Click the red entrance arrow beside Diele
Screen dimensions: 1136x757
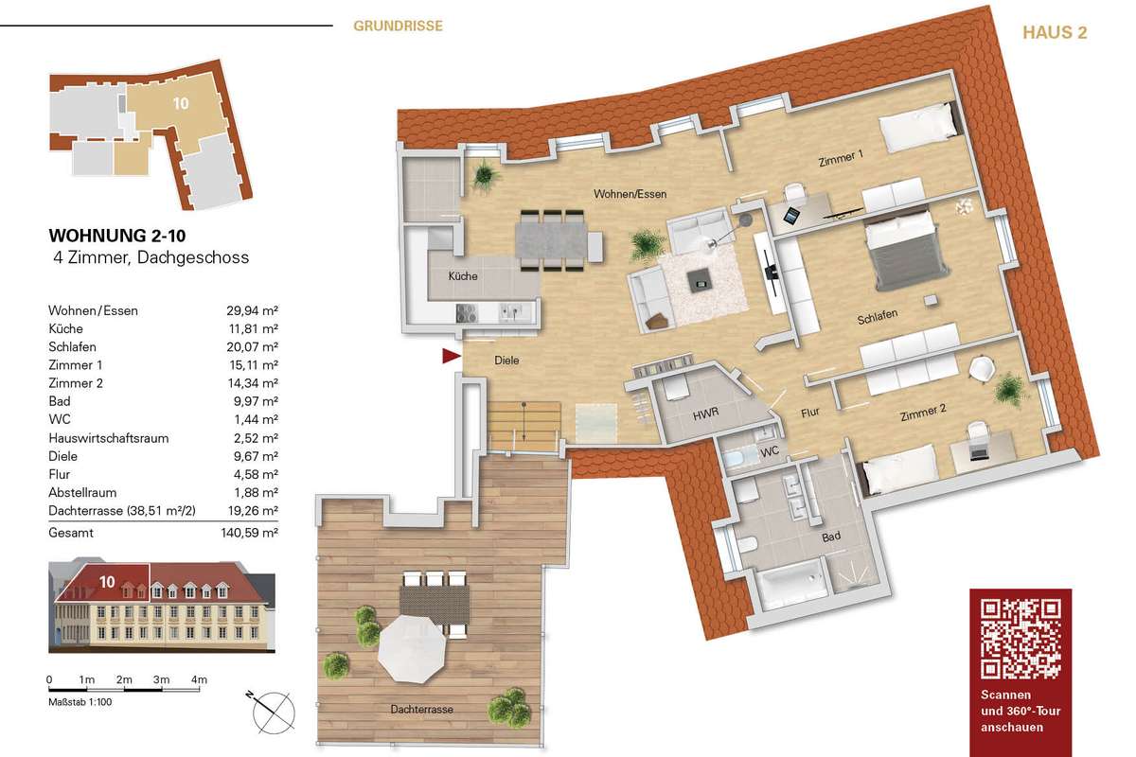451,356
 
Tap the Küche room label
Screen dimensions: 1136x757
463,276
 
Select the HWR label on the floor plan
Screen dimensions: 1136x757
706,414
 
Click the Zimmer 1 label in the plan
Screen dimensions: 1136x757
841,158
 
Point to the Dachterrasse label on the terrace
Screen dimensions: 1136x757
421,710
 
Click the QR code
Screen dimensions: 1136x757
1020,640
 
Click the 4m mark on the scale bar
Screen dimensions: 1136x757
199,680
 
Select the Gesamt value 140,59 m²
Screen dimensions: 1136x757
250,533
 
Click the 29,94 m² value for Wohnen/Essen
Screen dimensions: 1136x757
252,310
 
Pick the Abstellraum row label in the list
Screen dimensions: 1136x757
82,492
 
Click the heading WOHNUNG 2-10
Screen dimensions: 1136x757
117,236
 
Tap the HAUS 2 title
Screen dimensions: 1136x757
1055,32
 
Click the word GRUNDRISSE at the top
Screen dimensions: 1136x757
399,26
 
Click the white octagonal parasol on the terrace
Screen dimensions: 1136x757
412,648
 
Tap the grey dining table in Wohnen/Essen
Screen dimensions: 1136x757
552,242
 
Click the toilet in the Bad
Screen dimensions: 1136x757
746,544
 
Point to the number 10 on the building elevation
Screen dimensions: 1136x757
107,582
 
